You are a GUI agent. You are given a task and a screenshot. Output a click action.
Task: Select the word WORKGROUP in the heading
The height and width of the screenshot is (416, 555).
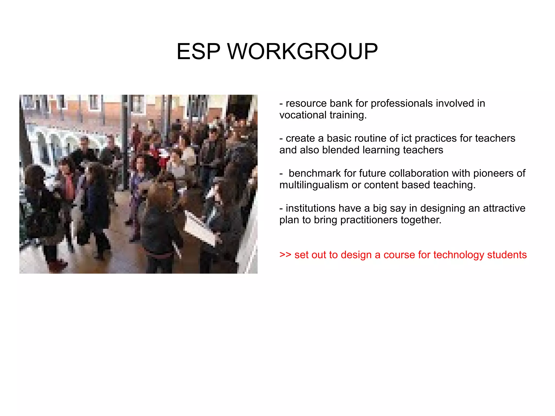click(302, 51)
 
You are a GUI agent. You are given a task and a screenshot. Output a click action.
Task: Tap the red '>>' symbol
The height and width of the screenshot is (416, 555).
click(285, 255)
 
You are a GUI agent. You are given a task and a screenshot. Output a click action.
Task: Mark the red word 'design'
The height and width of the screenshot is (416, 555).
click(356, 255)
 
